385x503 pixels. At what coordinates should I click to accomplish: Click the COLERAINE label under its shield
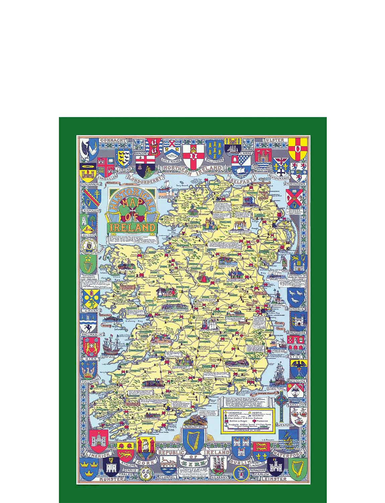tap(173, 160)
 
